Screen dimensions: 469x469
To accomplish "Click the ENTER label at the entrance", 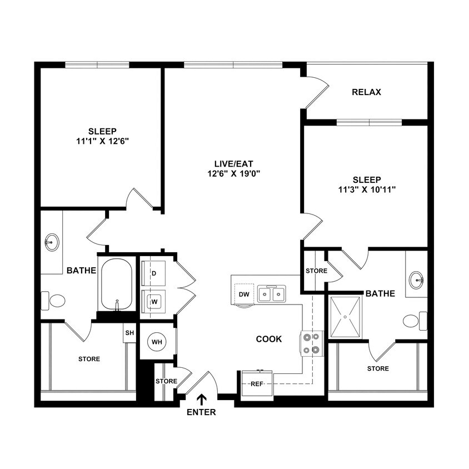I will click(x=201, y=412).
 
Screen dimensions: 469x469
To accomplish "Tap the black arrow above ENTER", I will click(x=201, y=399).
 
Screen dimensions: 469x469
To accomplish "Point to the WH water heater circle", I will click(x=157, y=342).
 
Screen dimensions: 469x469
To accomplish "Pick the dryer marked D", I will click(x=154, y=273).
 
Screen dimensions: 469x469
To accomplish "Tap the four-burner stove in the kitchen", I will click(x=311, y=343).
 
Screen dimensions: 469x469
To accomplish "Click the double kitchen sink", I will click(x=272, y=293).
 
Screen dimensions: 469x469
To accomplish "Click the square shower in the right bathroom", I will click(x=345, y=317).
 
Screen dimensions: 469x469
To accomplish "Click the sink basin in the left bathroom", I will click(x=52, y=242).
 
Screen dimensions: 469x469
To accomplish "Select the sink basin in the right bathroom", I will click(x=416, y=280).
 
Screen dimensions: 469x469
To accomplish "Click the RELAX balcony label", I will click(x=366, y=92).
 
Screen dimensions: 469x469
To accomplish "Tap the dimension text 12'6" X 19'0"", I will click(x=233, y=173).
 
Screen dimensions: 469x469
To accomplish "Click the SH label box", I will click(x=129, y=333).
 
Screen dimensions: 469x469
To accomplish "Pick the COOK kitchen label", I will click(x=268, y=339).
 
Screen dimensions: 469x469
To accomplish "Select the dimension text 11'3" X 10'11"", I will click(x=366, y=189).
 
